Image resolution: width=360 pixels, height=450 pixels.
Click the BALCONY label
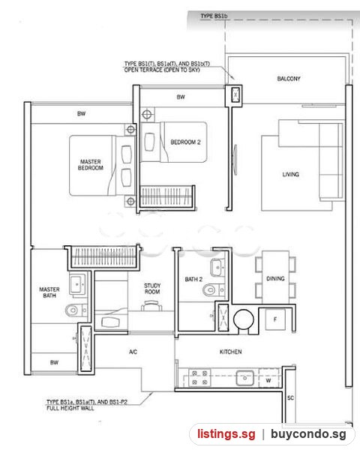click(x=289, y=79)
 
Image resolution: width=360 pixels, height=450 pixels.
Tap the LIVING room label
click(x=290, y=174)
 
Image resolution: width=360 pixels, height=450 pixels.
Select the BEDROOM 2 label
click(x=185, y=142)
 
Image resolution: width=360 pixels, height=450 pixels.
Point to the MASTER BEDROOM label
click(x=91, y=165)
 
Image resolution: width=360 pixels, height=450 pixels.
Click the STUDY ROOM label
click(x=152, y=289)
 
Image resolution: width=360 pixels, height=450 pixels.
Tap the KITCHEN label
click(x=230, y=352)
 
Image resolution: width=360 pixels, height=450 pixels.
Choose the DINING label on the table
click(x=275, y=279)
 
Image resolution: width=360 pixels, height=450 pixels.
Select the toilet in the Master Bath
click(x=76, y=310)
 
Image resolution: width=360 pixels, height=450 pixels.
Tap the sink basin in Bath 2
click(x=217, y=267)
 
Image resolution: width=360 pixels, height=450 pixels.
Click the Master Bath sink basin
click(x=77, y=284)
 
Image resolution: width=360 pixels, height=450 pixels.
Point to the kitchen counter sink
click(x=244, y=378)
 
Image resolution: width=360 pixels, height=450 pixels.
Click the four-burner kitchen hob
click(x=199, y=378)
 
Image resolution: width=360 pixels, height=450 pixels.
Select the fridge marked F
click(x=275, y=319)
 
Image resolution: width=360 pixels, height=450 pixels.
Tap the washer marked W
click(x=268, y=380)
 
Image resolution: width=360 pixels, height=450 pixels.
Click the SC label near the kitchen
click(x=290, y=397)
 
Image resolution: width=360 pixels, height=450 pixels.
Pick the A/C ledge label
click(x=133, y=352)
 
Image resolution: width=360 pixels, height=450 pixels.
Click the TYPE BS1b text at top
click(x=214, y=16)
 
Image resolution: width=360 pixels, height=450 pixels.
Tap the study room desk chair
click(x=151, y=306)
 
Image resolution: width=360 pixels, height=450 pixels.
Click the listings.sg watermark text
click(x=226, y=434)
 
